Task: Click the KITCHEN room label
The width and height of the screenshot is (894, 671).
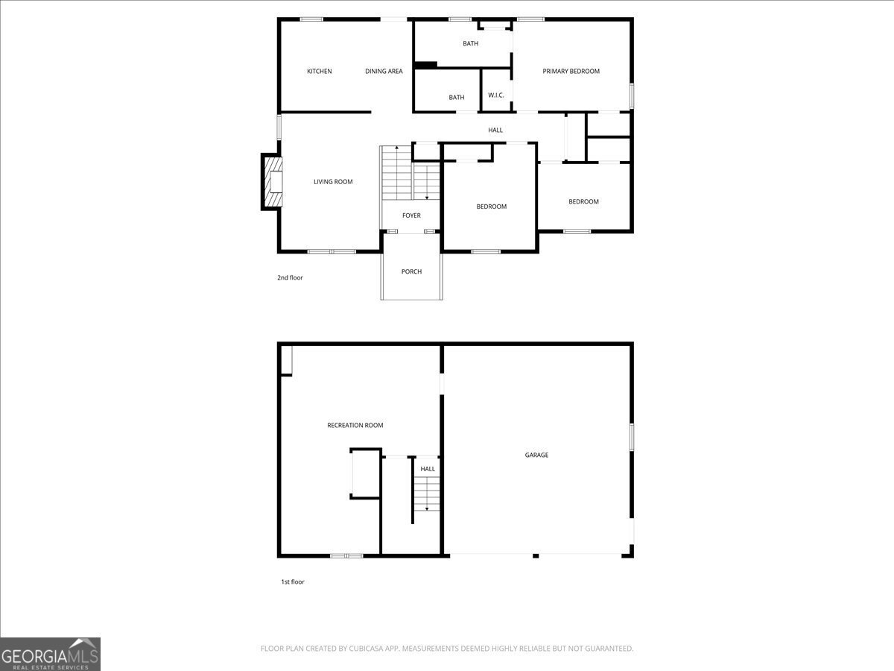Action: point(320,72)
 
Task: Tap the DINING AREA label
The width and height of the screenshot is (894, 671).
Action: point(384,72)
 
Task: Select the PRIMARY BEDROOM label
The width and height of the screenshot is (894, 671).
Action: point(571,72)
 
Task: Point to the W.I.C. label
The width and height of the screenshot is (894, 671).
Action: point(496,95)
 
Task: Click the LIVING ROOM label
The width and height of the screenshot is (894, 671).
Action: point(333,182)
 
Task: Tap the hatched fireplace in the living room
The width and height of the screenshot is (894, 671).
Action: point(273,182)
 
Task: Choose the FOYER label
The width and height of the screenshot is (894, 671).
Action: point(411,215)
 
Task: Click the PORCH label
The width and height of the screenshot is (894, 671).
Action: point(411,271)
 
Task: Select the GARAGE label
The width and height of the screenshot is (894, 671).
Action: point(536,455)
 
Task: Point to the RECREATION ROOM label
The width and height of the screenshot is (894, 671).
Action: point(355,425)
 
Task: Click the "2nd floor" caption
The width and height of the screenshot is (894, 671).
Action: point(290,278)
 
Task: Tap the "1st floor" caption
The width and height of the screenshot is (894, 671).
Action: point(293,582)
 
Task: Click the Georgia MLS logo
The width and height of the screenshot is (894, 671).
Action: point(50,654)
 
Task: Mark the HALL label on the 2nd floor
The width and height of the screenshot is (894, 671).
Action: point(495,130)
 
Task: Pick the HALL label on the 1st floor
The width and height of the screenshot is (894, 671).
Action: point(428,469)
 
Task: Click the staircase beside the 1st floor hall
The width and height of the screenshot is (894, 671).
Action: point(427,494)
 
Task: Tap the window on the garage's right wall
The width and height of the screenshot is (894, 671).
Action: point(632,437)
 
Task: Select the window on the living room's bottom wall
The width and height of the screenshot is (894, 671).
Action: point(332,252)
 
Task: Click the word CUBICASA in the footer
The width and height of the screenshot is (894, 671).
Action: point(366,648)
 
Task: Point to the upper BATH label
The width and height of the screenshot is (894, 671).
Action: point(470,43)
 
